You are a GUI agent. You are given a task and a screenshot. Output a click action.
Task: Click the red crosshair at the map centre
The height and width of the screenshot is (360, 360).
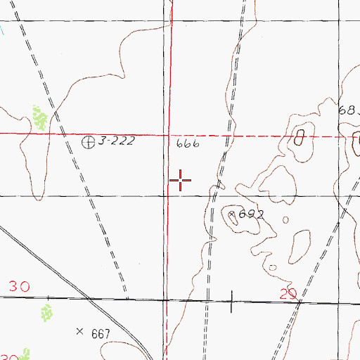[x=181, y=181]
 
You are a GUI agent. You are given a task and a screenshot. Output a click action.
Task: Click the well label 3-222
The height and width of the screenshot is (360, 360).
[x=116, y=142]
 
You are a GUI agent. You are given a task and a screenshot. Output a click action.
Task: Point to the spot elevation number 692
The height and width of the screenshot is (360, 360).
[x=250, y=214]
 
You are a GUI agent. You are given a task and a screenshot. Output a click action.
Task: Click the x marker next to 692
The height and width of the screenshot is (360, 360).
[x=233, y=210]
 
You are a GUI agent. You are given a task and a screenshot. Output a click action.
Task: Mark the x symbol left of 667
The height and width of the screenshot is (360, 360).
[x=79, y=330]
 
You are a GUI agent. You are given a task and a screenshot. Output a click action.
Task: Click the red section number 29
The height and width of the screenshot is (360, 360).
[x=288, y=294]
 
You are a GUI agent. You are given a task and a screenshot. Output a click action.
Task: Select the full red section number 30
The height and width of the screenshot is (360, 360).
[x=19, y=287]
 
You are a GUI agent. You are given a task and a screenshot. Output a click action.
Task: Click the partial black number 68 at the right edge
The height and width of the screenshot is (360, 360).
[x=347, y=110]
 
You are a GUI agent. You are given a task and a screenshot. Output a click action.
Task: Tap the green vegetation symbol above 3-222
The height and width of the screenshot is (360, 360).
[x=40, y=117]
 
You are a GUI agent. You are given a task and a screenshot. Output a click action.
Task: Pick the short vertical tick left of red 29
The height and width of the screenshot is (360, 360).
[x=233, y=302]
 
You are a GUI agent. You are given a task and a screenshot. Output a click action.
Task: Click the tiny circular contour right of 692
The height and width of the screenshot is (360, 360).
[x=285, y=219]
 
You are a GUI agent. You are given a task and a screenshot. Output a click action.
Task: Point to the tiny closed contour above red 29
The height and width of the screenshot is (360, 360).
[x=272, y=267]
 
